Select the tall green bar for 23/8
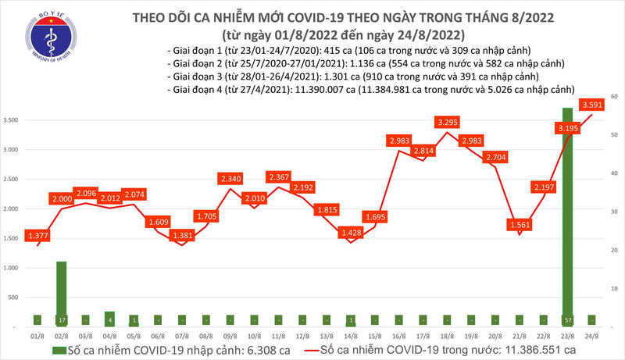[x=569, y=211]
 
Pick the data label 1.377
[x=38, y=235]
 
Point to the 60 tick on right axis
[x=615, y=96]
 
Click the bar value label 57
[x=569, y=319]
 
